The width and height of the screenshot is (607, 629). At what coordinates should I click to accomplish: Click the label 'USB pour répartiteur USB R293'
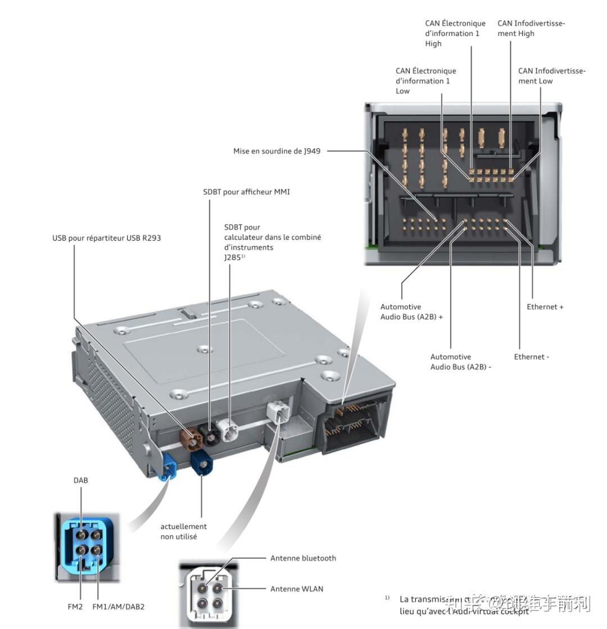[106, 238]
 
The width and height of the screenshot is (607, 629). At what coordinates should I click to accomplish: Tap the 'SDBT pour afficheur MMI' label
[246, 192]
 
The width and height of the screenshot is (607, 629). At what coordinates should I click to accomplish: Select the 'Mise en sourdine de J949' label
[277, 151]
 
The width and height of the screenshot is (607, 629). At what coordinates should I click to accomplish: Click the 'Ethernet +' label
[545, 307]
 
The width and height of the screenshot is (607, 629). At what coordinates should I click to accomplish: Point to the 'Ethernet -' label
[531, 357]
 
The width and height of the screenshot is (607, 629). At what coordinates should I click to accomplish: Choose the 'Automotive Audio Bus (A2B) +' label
[411, 312]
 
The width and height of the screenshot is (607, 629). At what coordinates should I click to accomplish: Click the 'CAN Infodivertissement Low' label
[551, 76]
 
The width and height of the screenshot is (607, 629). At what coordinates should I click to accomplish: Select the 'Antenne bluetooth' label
[303, 558]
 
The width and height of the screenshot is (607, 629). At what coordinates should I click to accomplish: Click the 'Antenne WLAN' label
[297, 589]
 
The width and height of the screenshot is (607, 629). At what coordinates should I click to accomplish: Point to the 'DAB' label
[80, 481]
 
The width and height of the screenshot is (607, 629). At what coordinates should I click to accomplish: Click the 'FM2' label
[76, 607]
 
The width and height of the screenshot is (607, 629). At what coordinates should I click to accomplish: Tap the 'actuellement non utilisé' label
[183, 532]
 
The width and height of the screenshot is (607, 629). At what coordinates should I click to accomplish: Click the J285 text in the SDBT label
[232, 257]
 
